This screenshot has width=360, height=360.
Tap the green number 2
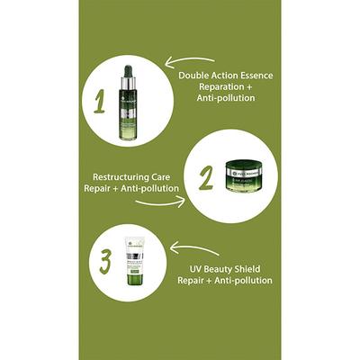pyautogui.click(x=205, y=176)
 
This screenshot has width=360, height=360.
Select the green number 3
pyautogui.click(x=104, y=262)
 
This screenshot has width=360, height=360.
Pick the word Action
pyautogui.click(x=229, y=75)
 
